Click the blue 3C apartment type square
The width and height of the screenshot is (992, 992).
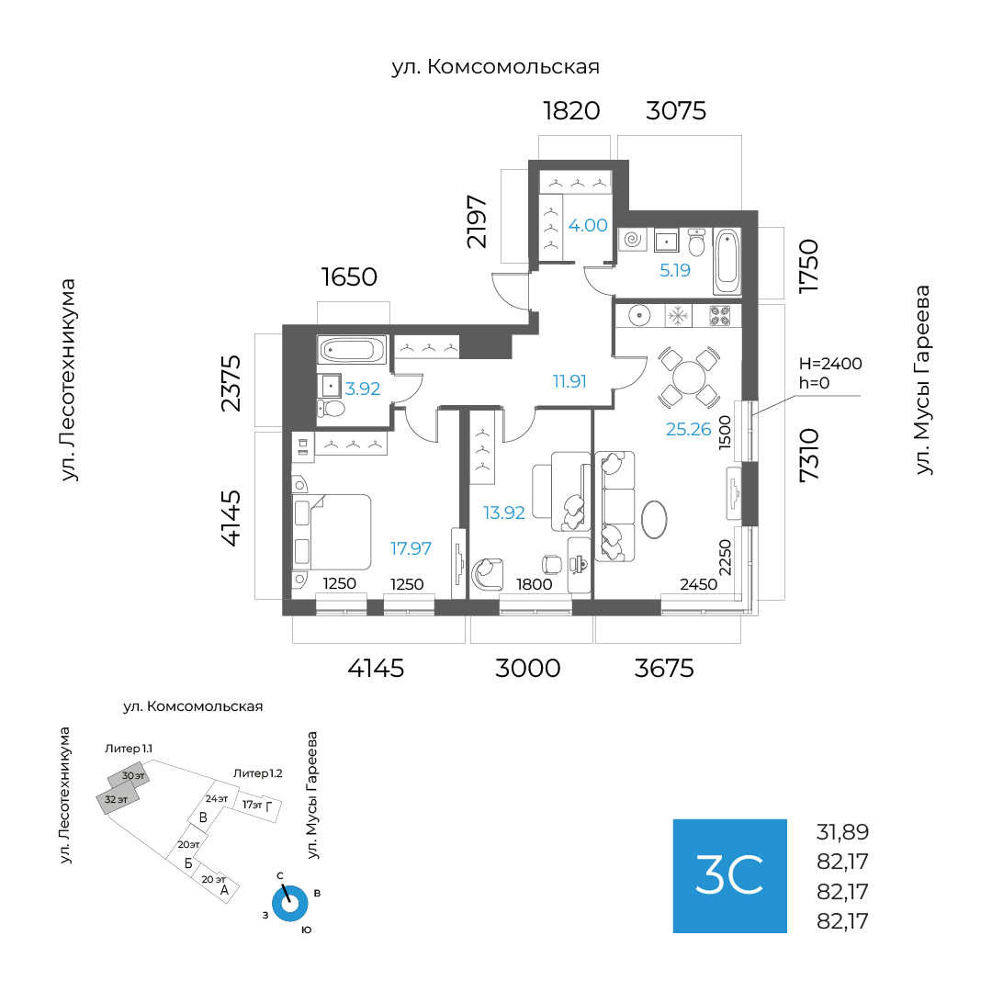(729, 875)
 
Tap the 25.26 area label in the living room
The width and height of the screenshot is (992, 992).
(689, 428)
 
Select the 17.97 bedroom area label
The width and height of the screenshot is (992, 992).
(411, 548)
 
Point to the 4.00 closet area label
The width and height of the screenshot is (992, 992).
(588, 225)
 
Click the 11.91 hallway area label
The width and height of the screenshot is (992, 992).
(569, 380)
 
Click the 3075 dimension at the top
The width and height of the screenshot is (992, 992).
(676, 111)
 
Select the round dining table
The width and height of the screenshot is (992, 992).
(689, 378)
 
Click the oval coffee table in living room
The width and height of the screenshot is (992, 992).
(655, 519)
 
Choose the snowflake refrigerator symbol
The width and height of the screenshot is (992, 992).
(678, 316)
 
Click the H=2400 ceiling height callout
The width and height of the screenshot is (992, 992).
(830, 364)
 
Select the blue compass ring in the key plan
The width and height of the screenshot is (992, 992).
(292, 904)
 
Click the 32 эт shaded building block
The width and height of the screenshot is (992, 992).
(118, 800)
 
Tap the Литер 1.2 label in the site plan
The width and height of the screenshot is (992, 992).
(257, 773)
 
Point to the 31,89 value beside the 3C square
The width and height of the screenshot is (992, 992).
(842, 833)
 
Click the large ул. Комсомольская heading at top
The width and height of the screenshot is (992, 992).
(495, 67)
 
